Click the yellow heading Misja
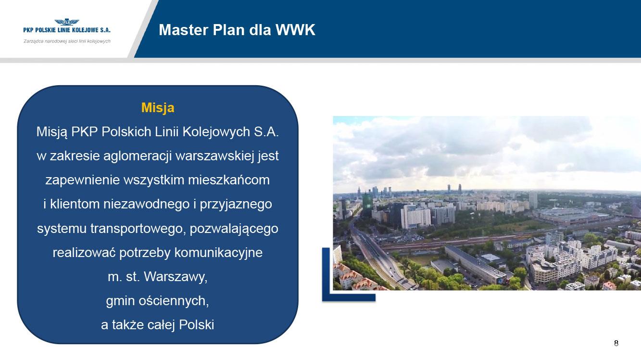tap(158, 108)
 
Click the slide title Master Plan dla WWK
tap(237, 30)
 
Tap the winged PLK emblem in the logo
tap(67, 22)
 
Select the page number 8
tap(616, 343)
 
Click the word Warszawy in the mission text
tap(176, 277)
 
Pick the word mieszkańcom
tap(229, 180)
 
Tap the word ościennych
tap(174, 301)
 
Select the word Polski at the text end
tap(197, 325)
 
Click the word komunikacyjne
tap(218, 253)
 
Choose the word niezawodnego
tap(146, 204)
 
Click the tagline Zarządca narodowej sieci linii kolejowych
tap(67, 41)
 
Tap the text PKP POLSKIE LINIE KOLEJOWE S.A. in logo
tap(67, 30)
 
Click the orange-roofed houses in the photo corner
tap(352, 277)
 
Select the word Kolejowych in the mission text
tap(216, 132)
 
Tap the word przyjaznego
tap(236, 205)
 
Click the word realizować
tap(84, 253)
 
